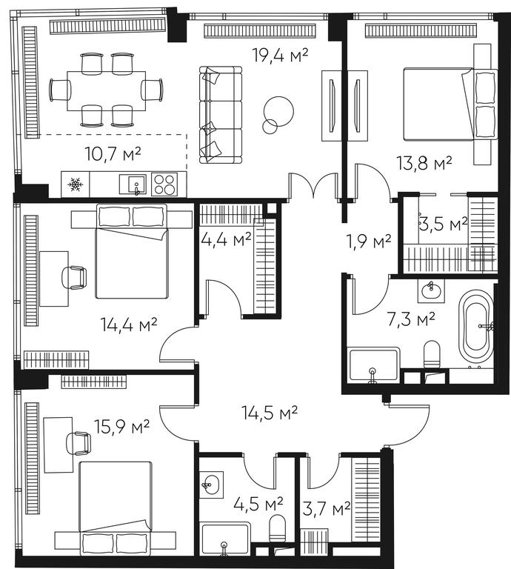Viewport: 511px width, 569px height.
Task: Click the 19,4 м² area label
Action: [x=281, y=56]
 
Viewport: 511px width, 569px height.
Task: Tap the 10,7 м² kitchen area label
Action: [x=113, y=153]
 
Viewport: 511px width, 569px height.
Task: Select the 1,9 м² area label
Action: [x=369, y=242]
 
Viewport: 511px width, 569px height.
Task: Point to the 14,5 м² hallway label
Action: [x=270, y=413]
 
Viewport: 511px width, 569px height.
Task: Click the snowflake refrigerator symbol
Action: [x=75, y=184]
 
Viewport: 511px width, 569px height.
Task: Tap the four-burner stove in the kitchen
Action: [x=164, y=184]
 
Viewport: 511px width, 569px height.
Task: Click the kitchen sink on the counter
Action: [x=133, y=184]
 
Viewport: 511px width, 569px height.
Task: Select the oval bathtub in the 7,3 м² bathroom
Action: [x=476, y=325]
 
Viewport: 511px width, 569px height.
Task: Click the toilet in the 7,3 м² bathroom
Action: [x=432, y=355]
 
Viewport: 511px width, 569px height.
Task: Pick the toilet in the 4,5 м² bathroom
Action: [x=278, y=529]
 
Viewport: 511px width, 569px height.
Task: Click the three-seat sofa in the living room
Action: [x=221, y=115]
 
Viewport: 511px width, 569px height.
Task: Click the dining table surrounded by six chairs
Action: [x=106, y=90]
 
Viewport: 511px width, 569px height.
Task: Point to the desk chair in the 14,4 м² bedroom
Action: [x=74, y=278]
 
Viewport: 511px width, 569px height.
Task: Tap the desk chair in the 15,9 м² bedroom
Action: [x=79, y=443]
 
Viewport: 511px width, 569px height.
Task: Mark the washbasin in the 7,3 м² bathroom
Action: [x=431, y=290]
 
